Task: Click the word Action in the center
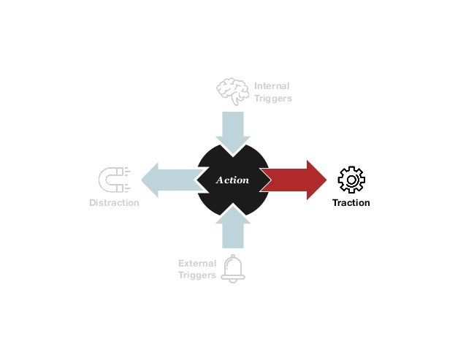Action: [x=233, y=180]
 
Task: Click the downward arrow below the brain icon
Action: [x=233, y=130]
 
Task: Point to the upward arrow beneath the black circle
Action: [x=233, y=229]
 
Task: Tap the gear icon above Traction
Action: [x=351, y=180]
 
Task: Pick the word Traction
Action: [x=351, y=203]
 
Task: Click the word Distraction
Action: [x=114, y=203]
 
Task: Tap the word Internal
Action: [x=272, y=86]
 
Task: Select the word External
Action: [x=197, y=264]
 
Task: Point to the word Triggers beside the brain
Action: [x=273, y=99]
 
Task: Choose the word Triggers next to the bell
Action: [x=197, y=275]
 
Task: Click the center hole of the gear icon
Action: [x=351, y=180]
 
